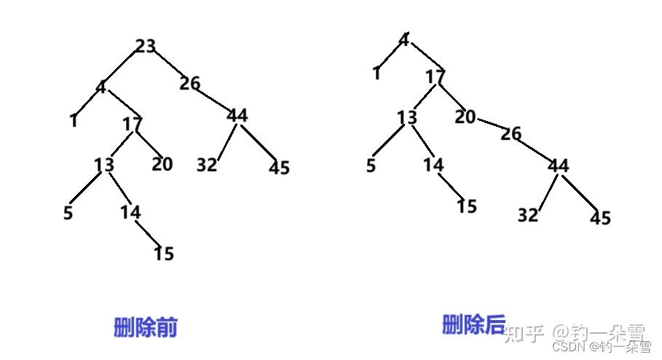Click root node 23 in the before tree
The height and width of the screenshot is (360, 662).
pyautogui.click(x=146, y=47)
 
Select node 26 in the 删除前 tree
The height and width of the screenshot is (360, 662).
pyautogui.click(x=190, y=84)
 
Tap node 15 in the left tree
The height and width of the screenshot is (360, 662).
pyautogui.click(x=164, y=254)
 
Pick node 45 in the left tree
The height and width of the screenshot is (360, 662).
pyautogui.click(x=279, y=168)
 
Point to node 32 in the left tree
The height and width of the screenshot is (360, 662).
pyautogui.click(x=207, y=165)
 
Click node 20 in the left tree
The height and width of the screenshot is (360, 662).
pyautogui.click(x=162, y=164)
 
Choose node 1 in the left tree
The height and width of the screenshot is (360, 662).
pyautogui.click(x=74, y=121)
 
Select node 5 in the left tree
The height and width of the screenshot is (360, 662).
pyautogui.click(x=68, y=214)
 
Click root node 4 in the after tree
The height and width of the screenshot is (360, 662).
pyautogui.click(x=403, y=39)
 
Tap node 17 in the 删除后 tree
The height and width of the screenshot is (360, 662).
pyautogui.click(x=436, y=77)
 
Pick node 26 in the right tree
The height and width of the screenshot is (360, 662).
pyautogui.click(x=511, y=134)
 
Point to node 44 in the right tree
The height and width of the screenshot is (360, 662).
pyautogui.click(x=558, y=166)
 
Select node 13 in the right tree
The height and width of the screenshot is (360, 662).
pyautogui.click(x=408, y=118)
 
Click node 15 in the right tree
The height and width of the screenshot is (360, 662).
pyautogui.click(x=467, y=206)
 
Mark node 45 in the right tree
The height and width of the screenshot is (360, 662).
pyautogui.click(x=601, y=218)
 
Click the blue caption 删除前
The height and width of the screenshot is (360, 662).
pyautogui.click(x=146, y=327)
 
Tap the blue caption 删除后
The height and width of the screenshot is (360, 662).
pyautogui.click(x=473, y=324)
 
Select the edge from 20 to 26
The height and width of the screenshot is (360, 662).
pyautogui.click(x=489, y=125)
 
